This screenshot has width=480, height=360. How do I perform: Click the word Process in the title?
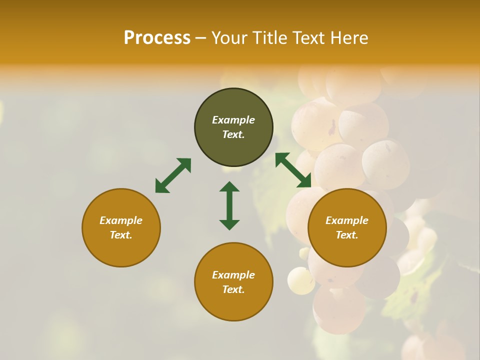(157, 38)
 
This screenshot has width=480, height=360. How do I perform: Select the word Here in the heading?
(349, 38)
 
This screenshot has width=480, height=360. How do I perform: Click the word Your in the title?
(231, 38)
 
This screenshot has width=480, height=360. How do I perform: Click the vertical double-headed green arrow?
(229, 205)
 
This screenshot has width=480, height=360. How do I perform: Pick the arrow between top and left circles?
(173, 175)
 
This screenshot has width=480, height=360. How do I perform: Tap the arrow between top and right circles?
(293, 170)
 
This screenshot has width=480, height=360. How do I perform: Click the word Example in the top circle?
(233, 120)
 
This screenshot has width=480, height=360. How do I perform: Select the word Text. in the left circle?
(121, 235)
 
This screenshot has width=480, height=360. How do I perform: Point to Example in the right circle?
(347, 220)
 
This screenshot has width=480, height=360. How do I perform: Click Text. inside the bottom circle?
(233, 289)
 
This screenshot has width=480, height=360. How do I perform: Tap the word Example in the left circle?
(121, 220)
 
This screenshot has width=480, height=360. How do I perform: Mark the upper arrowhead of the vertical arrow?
(229, 187)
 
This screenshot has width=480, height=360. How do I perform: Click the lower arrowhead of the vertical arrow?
(229, 224)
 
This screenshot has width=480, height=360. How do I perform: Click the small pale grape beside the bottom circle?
(301, 280)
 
